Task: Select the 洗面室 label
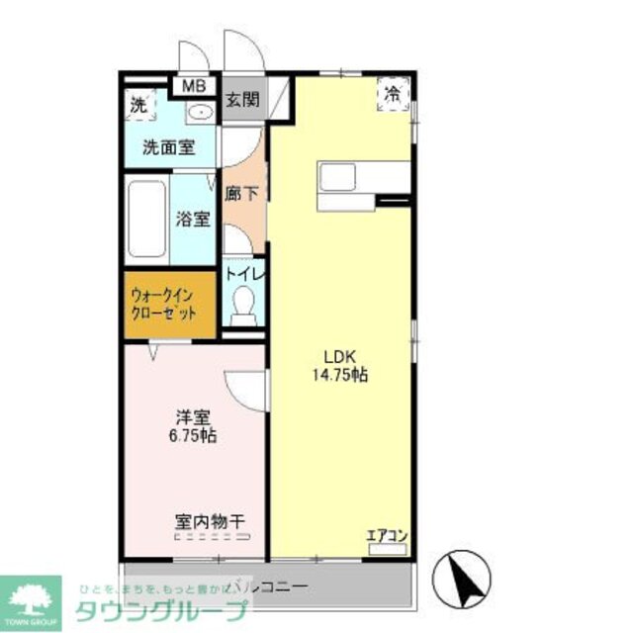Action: click(168, 148)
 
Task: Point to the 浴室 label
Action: click(193, 220)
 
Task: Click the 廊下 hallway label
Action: click(241, 195)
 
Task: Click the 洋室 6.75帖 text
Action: click(194, 425)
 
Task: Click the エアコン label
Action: click(387, 537)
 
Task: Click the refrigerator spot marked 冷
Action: click(393, 95)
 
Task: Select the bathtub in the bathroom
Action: click(146, 220)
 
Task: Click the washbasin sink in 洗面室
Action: click(201, 111)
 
